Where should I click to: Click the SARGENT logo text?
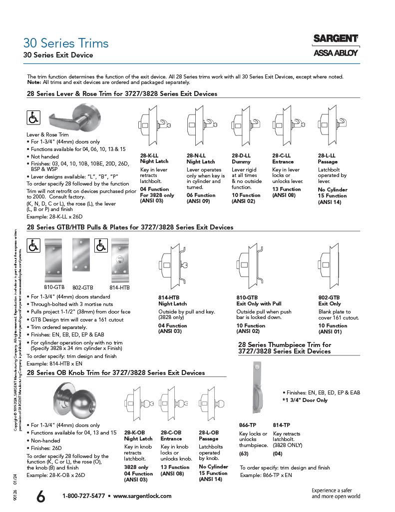click(x=335, y=38)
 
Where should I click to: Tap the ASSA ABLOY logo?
click(x=335, y=53)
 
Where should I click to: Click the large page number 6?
click(x=41, y=496)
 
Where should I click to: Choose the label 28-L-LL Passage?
click(x=327, y=158)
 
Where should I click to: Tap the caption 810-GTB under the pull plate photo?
click(x=54, y=287)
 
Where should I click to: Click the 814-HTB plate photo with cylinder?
click(x=120, y=261)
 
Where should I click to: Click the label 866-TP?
click(x=247, y=424)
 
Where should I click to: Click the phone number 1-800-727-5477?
click(x=83, y=496)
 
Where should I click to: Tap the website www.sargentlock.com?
click(x=142, y=496)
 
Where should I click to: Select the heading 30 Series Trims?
click(x=65, y=43)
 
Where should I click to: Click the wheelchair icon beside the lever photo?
click(x=33, y=118)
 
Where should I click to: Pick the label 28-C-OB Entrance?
click(x=171, y=435)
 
